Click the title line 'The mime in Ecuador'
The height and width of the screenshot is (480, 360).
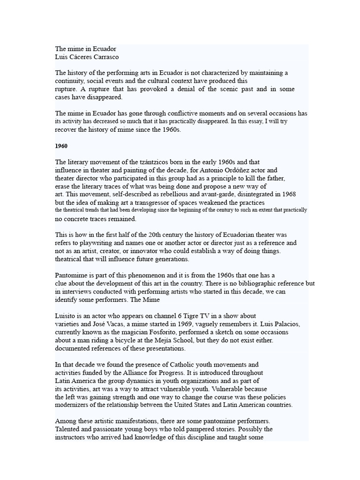pos(86,49)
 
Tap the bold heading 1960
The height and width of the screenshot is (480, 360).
pos(61,146)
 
